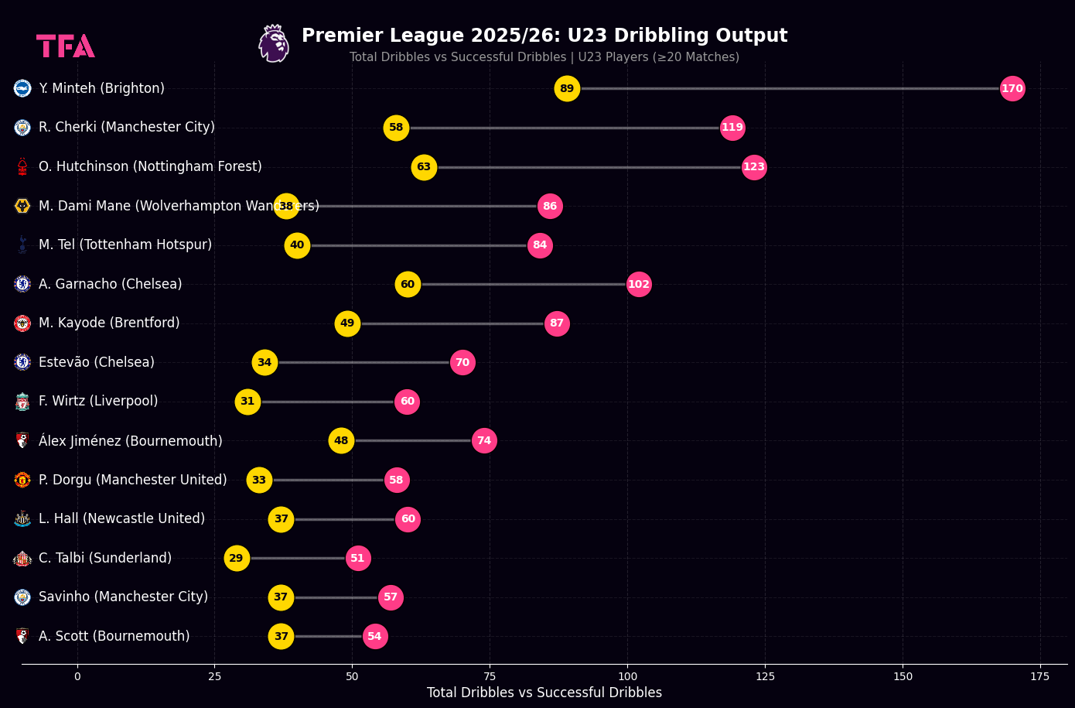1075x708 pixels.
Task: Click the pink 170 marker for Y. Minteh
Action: [1012, 89]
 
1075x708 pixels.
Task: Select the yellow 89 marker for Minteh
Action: [567, 89]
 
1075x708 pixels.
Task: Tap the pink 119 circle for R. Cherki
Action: [732, 128]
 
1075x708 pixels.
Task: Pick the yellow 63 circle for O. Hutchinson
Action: [424, 167]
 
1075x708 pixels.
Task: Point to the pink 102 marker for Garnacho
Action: [639, 284]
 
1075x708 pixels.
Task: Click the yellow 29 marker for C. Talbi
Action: [237, 558]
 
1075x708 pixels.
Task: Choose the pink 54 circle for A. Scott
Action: [375, 637]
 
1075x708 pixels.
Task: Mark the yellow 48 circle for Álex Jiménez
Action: [341, 440]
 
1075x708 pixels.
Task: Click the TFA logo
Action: [66, 46]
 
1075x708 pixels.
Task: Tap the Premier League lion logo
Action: [274, 43]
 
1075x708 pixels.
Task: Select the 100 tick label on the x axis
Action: [627, 676]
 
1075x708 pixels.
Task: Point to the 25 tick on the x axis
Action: [214, 676]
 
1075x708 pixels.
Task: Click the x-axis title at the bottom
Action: [544, 693]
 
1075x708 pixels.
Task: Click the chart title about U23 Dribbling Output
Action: [544, 36]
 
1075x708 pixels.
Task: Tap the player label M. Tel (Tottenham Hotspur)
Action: [125, 245]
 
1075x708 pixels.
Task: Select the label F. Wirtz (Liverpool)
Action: [98, 402]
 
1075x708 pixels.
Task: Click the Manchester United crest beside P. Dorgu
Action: [22, 480]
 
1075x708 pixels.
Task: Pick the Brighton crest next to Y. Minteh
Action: [22, 89]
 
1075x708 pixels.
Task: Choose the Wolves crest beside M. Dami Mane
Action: [22, 206]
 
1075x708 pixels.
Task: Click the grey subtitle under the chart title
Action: [544, 57]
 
